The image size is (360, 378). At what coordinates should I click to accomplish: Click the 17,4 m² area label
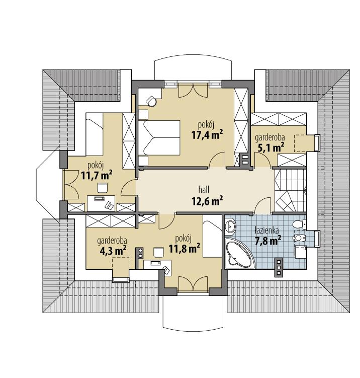207,134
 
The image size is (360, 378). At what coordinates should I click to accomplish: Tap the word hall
204,190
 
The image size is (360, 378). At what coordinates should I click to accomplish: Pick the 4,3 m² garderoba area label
112,250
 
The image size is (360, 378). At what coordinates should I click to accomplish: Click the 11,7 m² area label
97,175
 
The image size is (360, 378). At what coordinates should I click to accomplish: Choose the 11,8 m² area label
185,248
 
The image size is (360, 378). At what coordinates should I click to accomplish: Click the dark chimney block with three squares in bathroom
279,266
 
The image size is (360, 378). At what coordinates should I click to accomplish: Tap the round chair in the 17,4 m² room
150,102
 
